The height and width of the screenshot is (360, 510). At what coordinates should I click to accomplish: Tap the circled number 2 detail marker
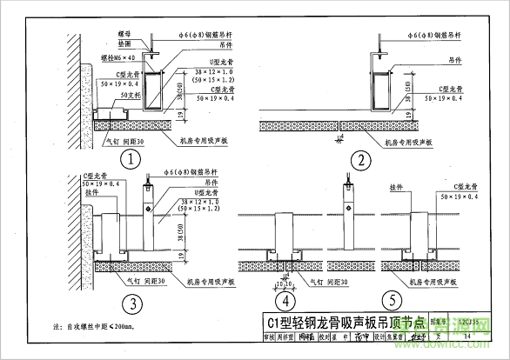(359, 160)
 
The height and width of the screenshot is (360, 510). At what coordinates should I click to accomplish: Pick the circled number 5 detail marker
(370, 303)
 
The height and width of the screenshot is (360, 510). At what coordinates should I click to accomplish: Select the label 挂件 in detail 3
(91, 194)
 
